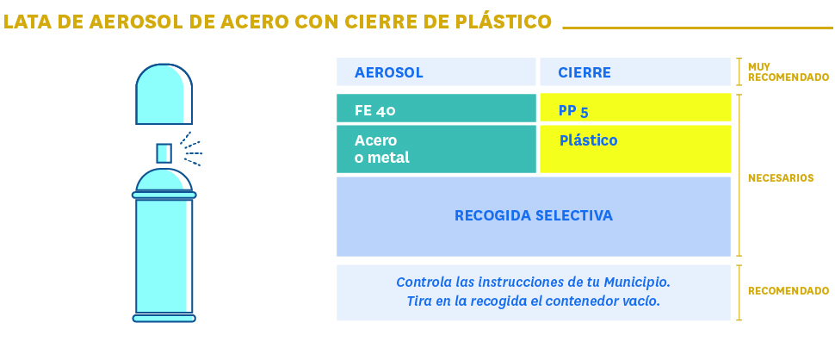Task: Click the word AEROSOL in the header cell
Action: pos(389,72)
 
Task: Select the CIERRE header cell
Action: pos(635,71)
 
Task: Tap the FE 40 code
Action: pos(375,110)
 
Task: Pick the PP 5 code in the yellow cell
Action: pos(573,111)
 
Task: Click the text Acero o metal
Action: pos(382,149)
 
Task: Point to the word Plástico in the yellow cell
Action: pos(589,140)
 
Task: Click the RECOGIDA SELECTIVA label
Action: pos(534,215)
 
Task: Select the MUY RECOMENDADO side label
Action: pos(789,71)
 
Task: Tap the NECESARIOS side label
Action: pos(781,178)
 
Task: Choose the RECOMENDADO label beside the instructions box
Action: pos(789,291)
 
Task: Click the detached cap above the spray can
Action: pos(164,94)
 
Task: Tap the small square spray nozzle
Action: pos(164,152)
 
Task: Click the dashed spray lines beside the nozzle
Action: pos(191,149)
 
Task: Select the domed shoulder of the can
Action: pos(164,180)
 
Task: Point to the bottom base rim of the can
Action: pos(164,319)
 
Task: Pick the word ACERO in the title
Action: pos(255,22)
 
